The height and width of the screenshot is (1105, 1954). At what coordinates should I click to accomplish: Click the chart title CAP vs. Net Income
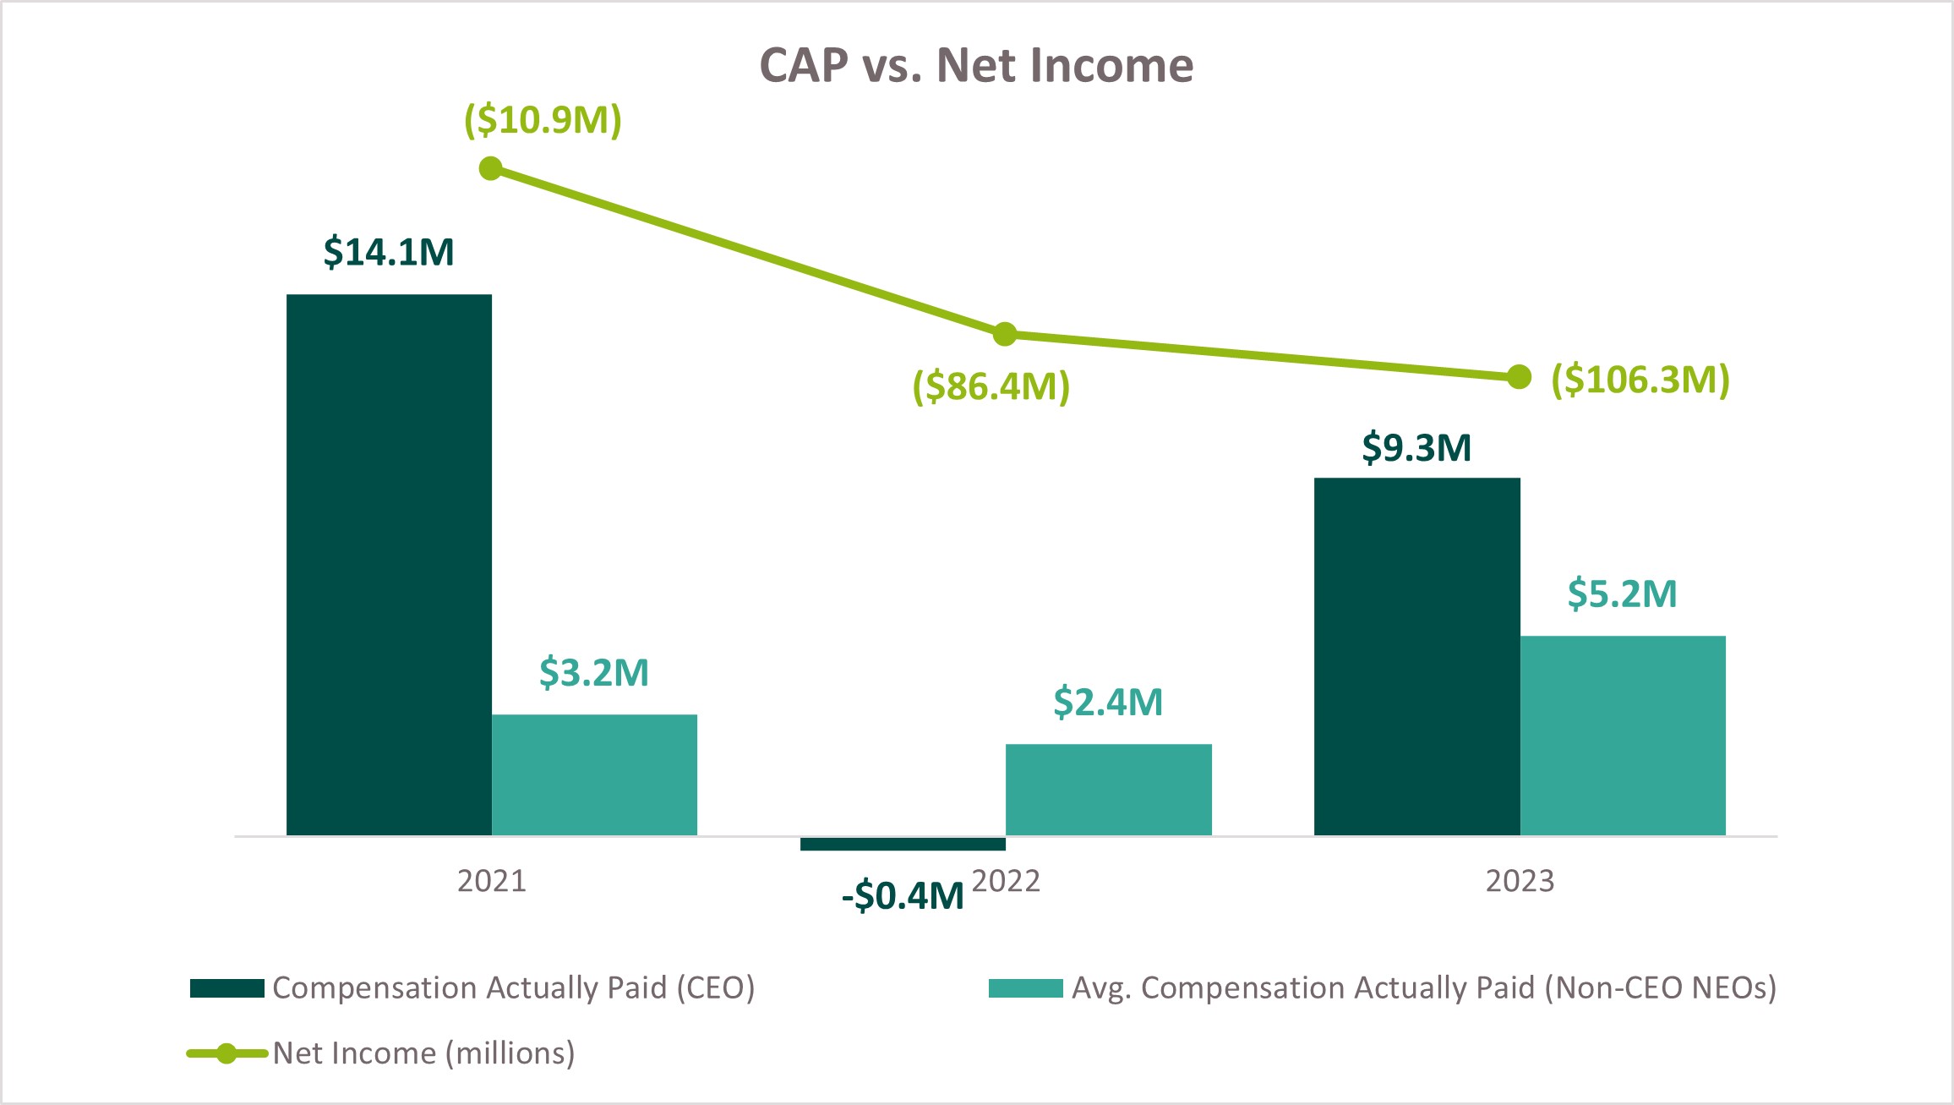[x=976, y=65]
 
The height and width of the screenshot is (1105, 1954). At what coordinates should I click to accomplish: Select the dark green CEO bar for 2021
[x=389, y=565]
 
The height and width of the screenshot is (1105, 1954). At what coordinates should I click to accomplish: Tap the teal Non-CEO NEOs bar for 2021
[x=594, y=774]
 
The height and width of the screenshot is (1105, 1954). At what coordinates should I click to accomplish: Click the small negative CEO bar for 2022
[x=903, y=844]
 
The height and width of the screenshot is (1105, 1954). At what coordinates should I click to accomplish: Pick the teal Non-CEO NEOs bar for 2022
[x=1108, y=790]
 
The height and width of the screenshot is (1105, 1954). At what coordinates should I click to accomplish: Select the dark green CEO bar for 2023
[x=1416, y=657]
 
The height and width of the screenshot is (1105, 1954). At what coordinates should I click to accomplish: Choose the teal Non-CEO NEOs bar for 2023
[x=1623, y=736]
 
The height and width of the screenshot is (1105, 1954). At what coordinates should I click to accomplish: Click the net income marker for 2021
[x=490, y=169]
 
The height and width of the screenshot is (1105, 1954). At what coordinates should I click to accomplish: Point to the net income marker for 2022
[x=1004, y=335]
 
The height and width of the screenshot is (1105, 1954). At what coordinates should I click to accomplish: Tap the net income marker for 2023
[x=1519, y=377]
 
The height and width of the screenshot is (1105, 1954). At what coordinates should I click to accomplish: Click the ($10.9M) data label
[x=543, y=120]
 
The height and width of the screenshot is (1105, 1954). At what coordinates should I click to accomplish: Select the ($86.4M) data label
[x=991, y=386]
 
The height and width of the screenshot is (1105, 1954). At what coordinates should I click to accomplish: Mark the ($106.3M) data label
[x=1640, y=380]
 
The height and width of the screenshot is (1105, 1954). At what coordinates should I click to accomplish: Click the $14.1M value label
[x=389, y=252]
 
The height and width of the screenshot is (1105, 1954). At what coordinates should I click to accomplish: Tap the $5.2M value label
[x=1622, y=594]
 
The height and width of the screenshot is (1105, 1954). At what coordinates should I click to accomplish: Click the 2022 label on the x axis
[x=1006, y=881]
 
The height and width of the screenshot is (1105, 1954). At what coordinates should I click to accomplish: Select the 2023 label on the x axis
[x=1520, y=881]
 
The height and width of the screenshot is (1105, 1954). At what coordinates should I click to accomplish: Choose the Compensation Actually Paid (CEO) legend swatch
[x=227, y=988]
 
